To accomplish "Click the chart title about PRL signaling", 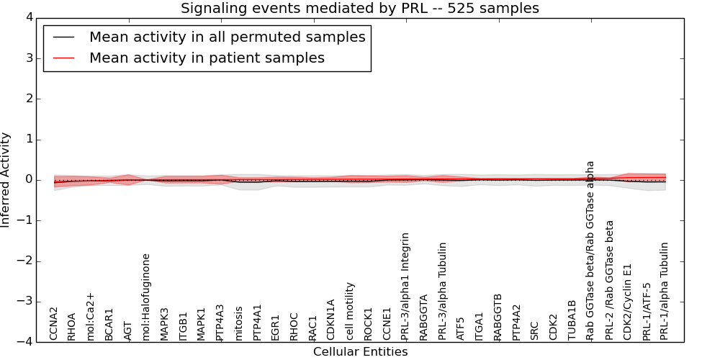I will (359, 8).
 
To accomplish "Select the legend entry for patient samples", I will (207, 58).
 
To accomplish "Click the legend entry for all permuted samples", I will (227, 37).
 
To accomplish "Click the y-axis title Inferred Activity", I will (6, 180).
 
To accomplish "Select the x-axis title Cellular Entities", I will (360, 352).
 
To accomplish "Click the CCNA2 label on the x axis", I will (54, 323).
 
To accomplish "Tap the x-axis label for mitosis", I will (239, 323).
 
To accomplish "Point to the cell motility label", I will (350, 311).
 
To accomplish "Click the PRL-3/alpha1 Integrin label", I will (405, 286).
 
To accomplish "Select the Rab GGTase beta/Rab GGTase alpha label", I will (590, 250).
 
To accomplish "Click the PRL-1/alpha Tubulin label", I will (665, 291).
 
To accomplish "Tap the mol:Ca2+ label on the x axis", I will (91, 316).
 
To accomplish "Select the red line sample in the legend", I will (65, 58).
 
